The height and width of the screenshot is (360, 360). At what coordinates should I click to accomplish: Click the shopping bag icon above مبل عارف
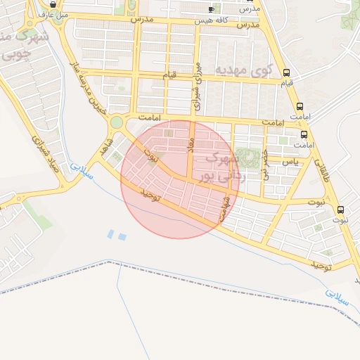click(x=53, y=3)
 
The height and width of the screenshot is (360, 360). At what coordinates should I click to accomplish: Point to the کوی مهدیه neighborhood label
click(x=243, y=70)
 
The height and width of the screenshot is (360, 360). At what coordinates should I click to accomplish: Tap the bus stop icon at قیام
click(x=286, y=72)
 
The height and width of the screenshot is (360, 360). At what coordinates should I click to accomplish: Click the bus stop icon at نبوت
click(x=341, y=209)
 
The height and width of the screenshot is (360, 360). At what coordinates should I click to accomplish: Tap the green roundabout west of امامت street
click(x=116, y=123)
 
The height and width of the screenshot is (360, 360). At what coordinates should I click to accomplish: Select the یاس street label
click(x=290, y=162)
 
